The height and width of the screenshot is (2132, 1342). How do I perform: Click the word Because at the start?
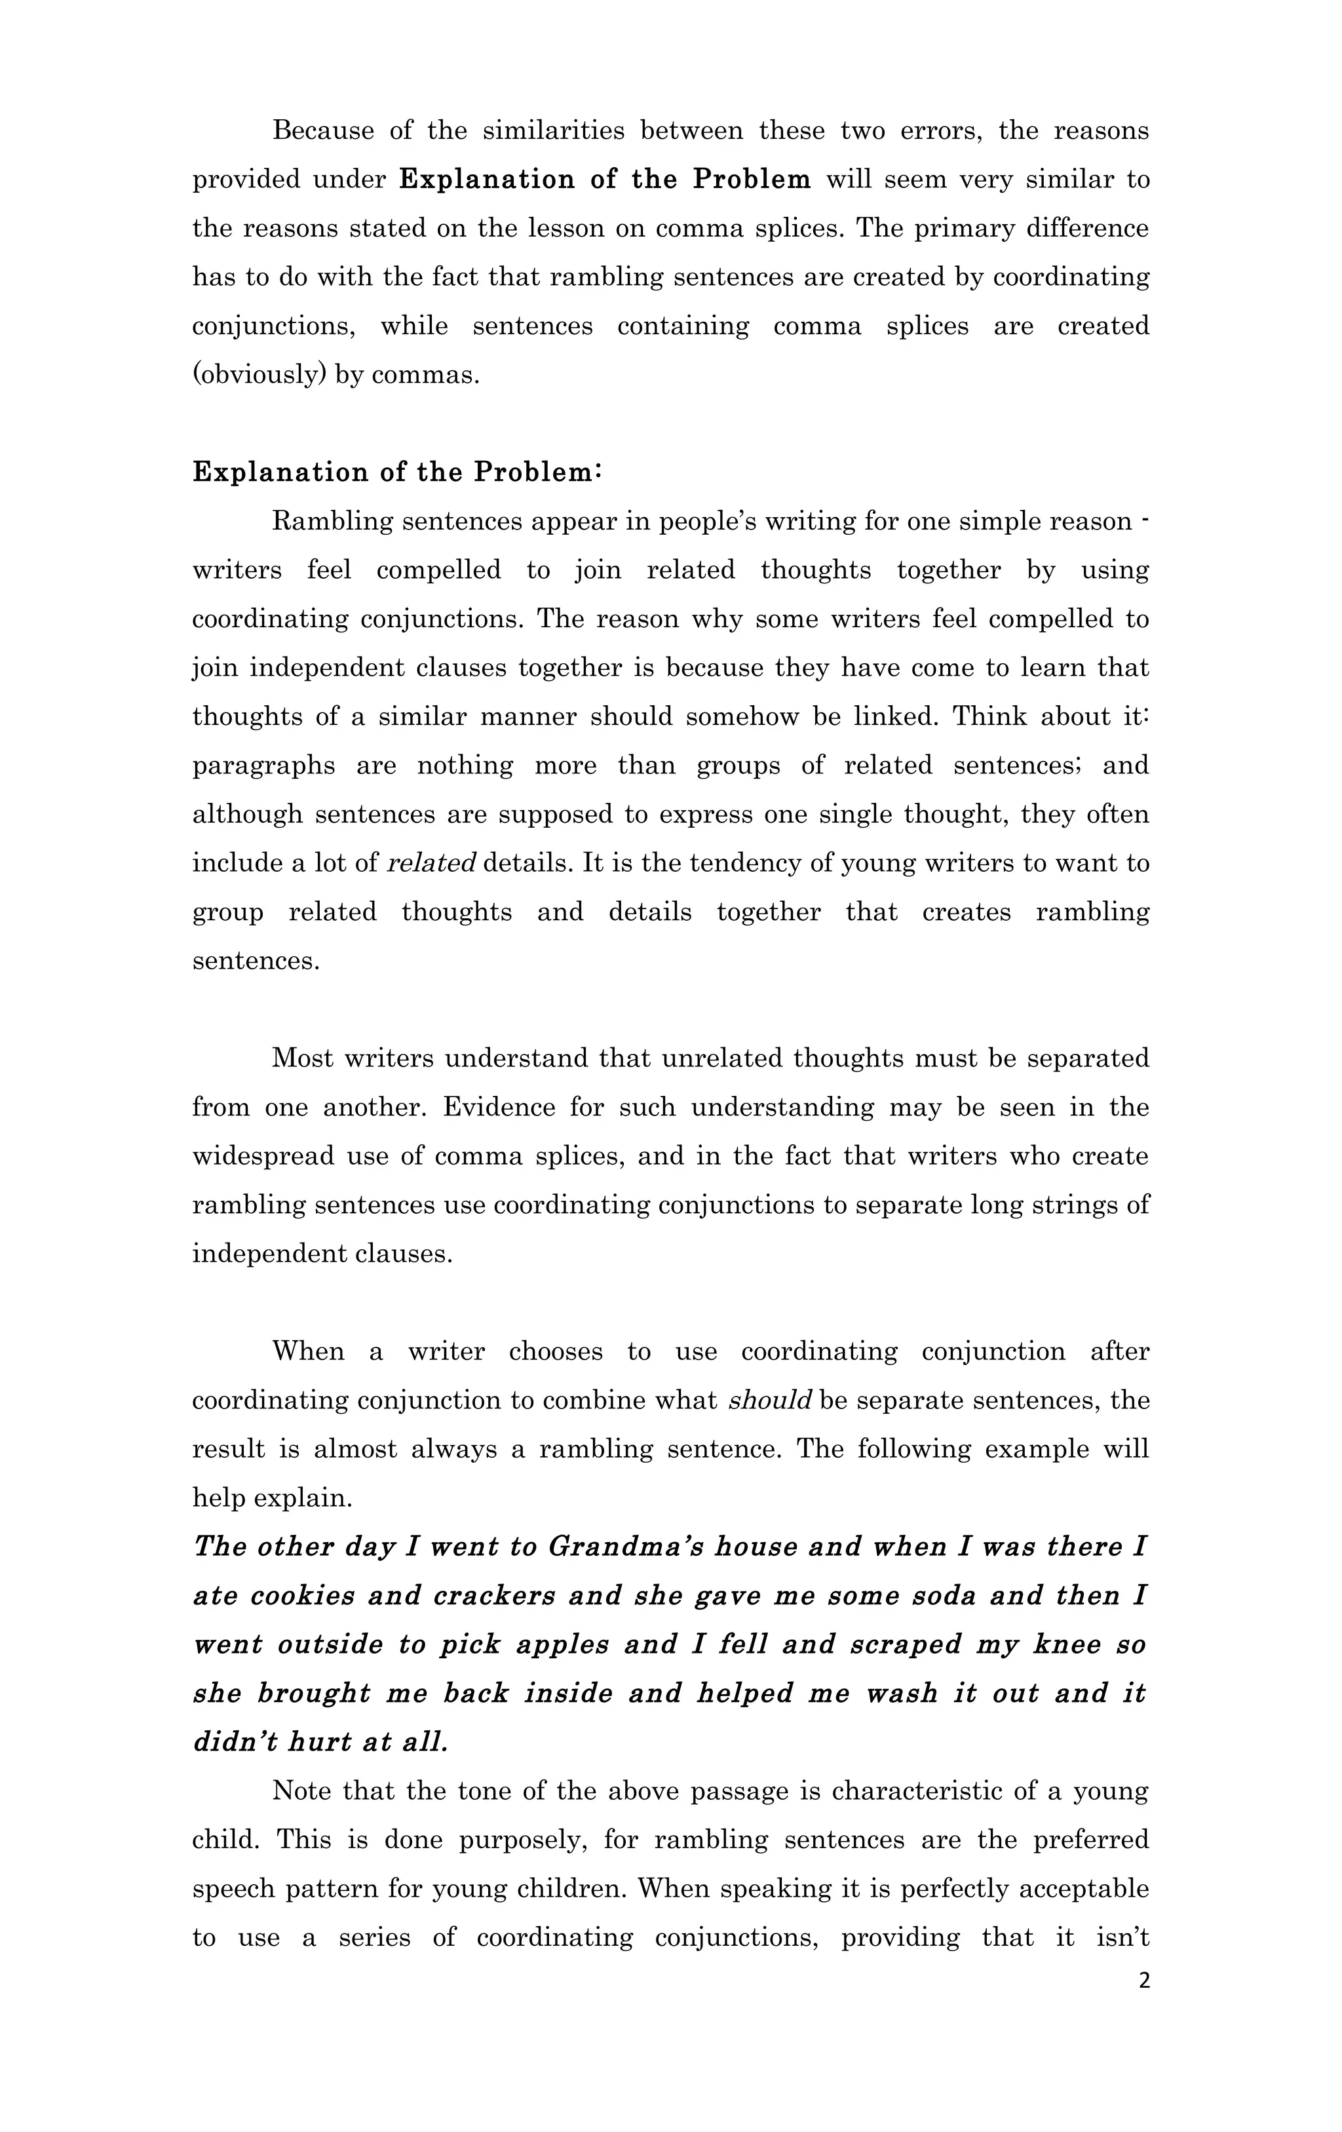click(323, 131)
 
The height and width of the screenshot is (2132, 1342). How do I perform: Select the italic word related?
click(432, 863)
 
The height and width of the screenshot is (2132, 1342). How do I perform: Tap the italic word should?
click(769, 1401)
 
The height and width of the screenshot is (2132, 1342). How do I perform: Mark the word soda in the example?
click(944, 1595)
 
